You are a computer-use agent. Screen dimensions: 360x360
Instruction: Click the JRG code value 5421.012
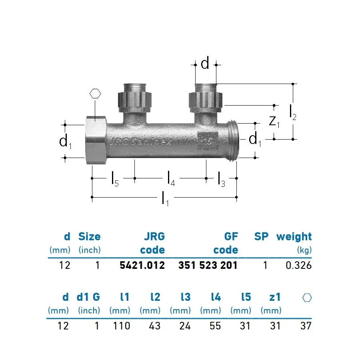coord(142,265)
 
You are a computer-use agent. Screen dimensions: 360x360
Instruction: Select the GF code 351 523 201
coord(208,265)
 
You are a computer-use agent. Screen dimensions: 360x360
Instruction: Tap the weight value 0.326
coord(298,265)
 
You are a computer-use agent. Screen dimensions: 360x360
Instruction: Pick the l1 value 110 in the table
coord(122,326)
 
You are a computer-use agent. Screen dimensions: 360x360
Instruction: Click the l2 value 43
coord(154,326)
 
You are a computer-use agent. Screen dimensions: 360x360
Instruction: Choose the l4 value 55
coord(215,326)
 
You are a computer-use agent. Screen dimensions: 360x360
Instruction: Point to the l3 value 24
coord(185,326)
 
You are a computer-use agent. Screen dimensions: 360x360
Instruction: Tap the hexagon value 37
coord(306,326)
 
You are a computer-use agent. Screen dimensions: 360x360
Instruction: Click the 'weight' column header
coord(294,236)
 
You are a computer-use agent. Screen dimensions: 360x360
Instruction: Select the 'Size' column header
coord(89,236)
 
